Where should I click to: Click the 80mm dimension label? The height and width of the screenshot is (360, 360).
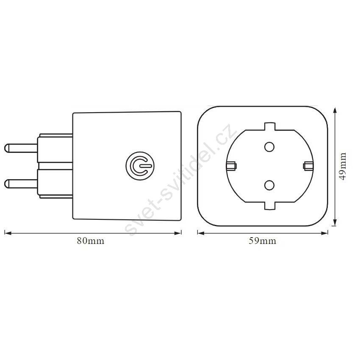[91, 241]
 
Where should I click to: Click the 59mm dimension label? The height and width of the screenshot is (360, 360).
[263, 241]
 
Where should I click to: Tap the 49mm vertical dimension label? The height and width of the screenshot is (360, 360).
[343, 166]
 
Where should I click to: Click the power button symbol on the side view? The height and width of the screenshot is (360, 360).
[140, 166]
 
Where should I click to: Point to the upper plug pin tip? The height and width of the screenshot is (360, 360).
[5, 148]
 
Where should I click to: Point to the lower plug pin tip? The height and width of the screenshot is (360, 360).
[5, 183]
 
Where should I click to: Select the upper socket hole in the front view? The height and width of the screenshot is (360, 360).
[269, 147]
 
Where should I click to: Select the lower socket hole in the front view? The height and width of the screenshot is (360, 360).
[269, 185]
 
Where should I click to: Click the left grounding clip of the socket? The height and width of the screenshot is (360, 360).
[231, 166]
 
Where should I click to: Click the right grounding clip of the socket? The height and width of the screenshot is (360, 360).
[308, 166]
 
